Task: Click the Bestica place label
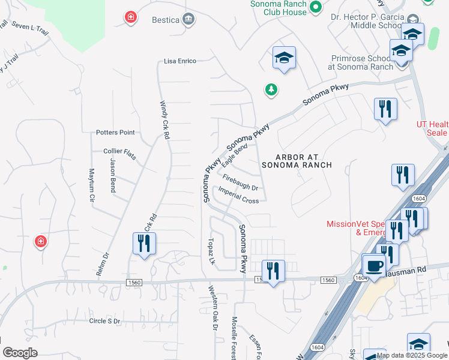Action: (x=165, y=20)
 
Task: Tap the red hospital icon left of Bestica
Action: (x=130, y=17)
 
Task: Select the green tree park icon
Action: (x=271, y=89)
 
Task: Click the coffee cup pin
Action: (x=374, y=265)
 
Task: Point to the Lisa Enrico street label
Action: (x=180, y=61)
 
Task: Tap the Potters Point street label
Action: (x=115, y=132)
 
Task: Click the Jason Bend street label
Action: (x=112, y=175)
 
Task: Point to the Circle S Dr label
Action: (x=104, y=321)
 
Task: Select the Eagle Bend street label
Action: (x=234, y=155)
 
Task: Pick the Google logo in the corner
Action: (x=20, y=352)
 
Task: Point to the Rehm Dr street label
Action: (x=103, y=264)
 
